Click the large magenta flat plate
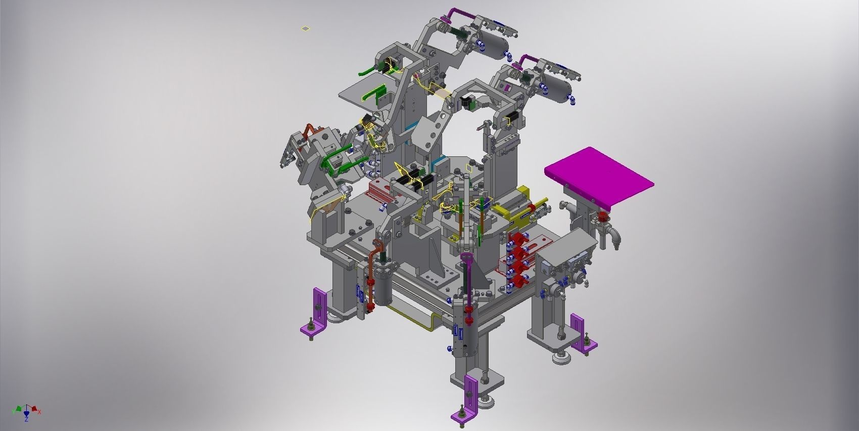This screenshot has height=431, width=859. pyautogui.click(x=599, y=177)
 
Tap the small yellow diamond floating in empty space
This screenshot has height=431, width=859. pyautogui.click(x=305, y=28)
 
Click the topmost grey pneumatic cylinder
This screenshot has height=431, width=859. pyautogui.click(x=492, y=45)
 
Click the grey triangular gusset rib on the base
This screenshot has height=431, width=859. pyautogui.click(x=435, y=253)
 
